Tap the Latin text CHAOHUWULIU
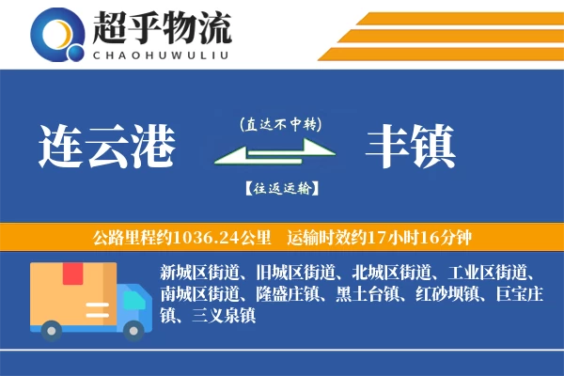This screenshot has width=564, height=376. pos(163,54)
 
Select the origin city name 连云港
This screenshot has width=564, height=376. pos(107,146)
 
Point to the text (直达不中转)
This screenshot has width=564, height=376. pos(280,122)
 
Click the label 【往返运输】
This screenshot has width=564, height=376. pos(280,189)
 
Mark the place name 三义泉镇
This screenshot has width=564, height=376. pos(222,316)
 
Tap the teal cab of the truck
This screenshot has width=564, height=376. pos(133,305)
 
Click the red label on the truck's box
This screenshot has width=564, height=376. pos(72,274)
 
